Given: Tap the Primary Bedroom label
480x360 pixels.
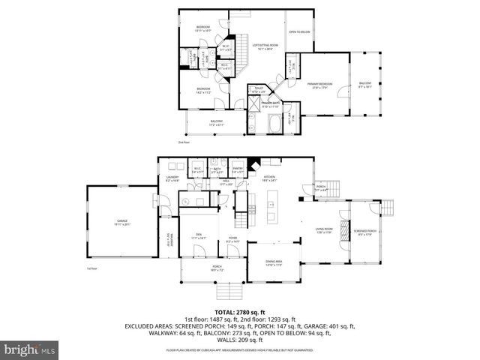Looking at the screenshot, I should coord(319,85).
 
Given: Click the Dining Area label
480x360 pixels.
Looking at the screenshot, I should coord(274,262).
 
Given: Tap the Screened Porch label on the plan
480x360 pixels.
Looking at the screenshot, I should coord(365,232).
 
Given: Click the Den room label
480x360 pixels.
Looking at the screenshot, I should coord(199,237).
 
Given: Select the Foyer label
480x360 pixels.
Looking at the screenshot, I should coord(233,240).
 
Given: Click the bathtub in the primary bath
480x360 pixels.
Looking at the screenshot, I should coord(271,123).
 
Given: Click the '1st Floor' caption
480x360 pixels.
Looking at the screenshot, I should coord(91,268).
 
